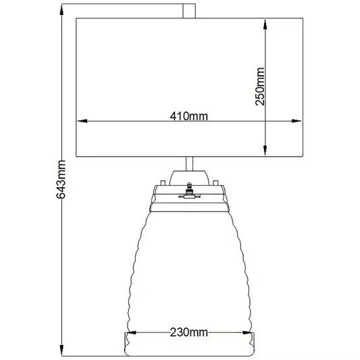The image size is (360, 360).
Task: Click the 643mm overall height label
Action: [x=61, y=179]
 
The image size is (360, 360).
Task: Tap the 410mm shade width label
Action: [x=188, y=116]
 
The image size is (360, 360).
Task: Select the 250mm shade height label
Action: [x=260, y=86]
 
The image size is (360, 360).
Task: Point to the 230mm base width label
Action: [x=188, y=332]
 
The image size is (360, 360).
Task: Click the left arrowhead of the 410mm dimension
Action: [x=82, y=121]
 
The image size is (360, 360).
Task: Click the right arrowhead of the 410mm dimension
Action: [x=297, y=121]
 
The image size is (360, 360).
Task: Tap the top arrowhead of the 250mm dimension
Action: [x=265, y=25]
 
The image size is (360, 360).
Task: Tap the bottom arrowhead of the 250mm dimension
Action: [x=265, y=150]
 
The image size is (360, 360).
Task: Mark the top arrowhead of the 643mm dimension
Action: [x=61, y=9]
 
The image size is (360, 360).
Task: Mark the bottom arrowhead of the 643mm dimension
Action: [x=61, y=350]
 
